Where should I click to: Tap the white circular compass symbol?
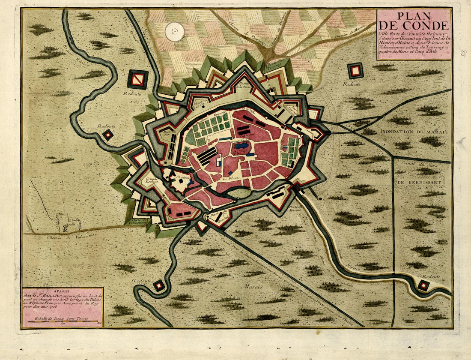click(x=175, y=32)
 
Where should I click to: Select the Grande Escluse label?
click(x=152, y=180)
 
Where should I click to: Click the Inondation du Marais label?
click(x=413, y=132)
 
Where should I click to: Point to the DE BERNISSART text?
click(x=422, y=181)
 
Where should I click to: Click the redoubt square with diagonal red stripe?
click(x=137, y=79)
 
